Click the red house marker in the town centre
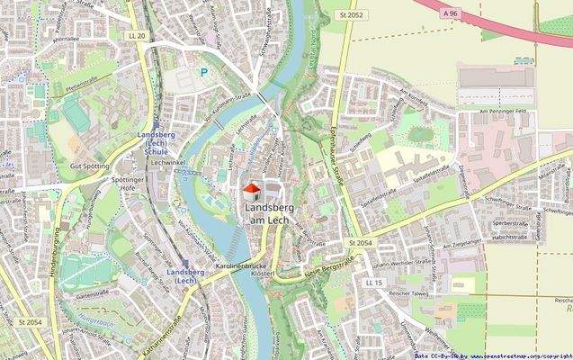tap(253, 189)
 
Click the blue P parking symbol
tap(204, 71)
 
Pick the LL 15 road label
tap(374, 283)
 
